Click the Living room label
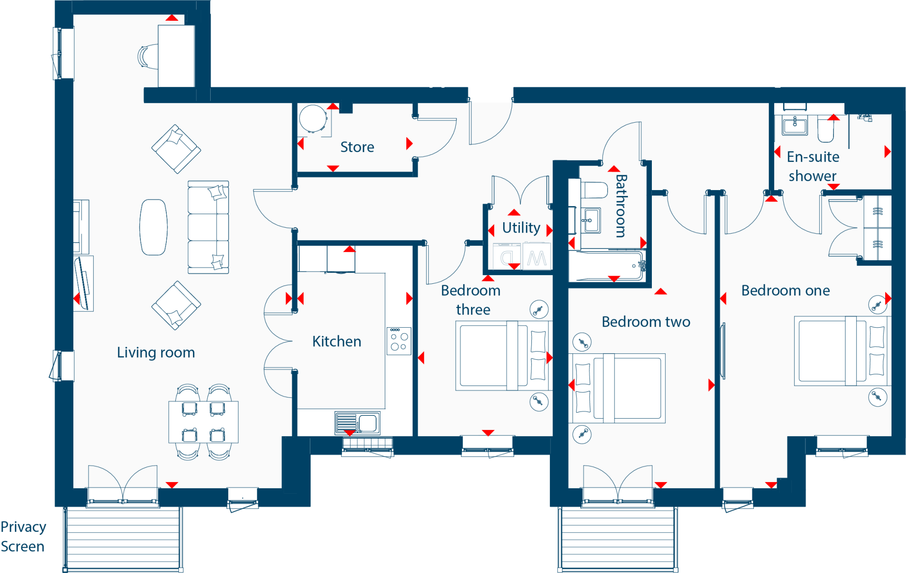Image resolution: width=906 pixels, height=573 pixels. coord(156,352)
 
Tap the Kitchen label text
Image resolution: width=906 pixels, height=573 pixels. coord(337,341)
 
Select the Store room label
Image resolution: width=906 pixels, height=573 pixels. coord(357,147)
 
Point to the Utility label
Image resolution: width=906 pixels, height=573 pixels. coord(521,228)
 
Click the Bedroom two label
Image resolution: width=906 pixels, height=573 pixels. coord(646,322)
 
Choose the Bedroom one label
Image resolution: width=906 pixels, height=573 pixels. coord(786,291)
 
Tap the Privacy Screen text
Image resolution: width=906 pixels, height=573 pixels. coord(23,536)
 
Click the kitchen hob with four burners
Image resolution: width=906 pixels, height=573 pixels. coord(399,341)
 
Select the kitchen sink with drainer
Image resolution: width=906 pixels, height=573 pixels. coord(357,423)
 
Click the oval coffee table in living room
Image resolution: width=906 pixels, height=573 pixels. coord(154,227)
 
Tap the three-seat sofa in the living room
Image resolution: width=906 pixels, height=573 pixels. coord(208,227)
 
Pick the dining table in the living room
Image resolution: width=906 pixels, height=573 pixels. coord(203,422)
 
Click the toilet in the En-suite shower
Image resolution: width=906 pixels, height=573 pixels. coord(825,129)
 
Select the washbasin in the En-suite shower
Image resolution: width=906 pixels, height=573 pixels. coord(795,125)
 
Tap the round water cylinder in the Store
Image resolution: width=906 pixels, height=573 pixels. coord(313,119)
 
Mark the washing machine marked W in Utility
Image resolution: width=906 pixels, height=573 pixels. coord(536,257)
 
